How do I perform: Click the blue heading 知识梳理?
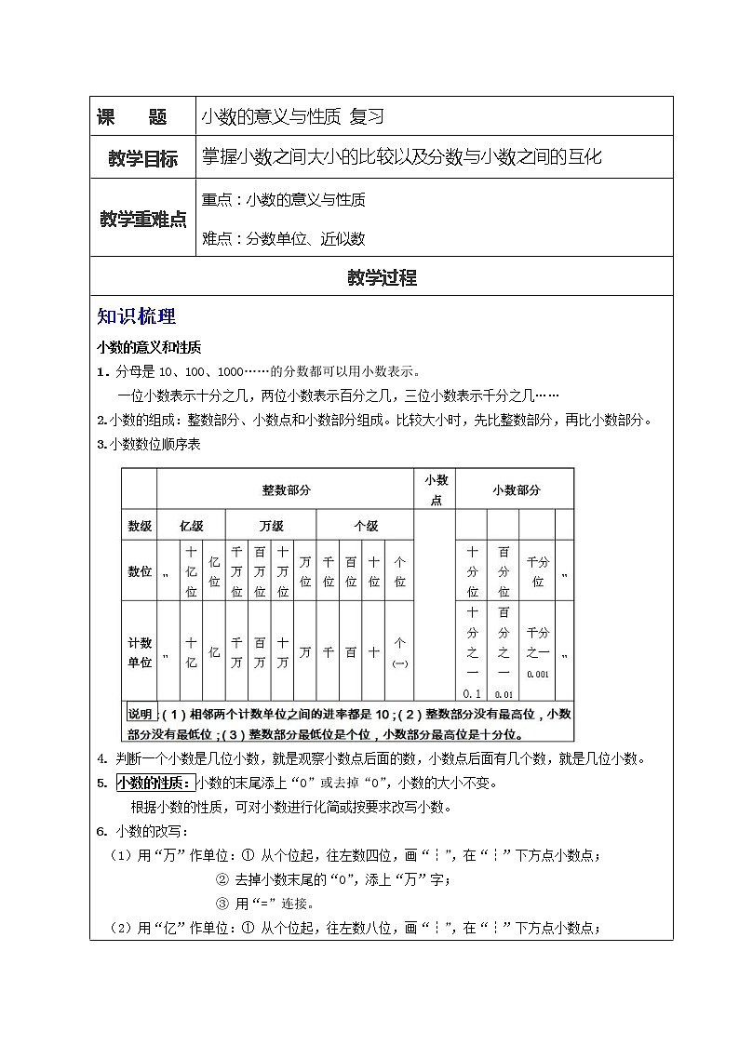click(x=136, y=316)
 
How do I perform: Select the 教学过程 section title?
click(x=382, y=276)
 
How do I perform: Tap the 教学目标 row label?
click(x=142, y=159)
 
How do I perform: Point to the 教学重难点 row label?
click(x=142, y=219)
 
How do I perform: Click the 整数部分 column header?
click(x=285, y=489)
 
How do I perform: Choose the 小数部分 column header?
click(x=514, y=489)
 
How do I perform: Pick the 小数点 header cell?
click(x=436, y=489)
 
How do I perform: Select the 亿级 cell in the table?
click(x=191, y=525)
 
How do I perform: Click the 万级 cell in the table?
click(x=271, y=525)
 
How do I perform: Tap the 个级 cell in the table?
click(x=365, y=525)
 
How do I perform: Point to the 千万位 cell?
click(x=236, y=570)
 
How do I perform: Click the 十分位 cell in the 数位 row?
click(x=472, y=570)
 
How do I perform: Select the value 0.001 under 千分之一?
click(x=537, y=674)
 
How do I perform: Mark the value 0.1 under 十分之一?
click(x=471, y=693)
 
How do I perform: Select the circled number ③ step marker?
click(x=222, y=903)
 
